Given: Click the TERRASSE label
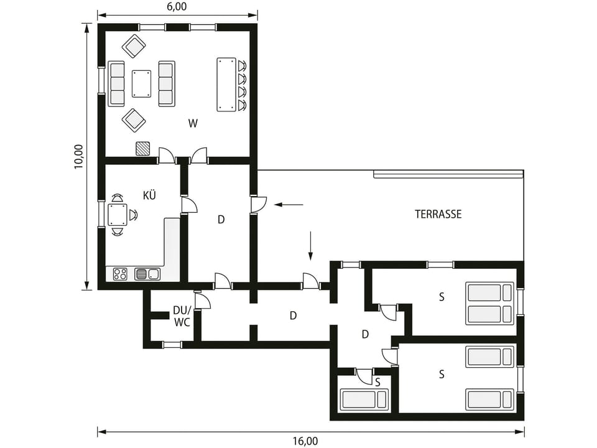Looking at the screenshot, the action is click(438, 214).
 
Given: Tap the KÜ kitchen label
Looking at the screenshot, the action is click(150, 195).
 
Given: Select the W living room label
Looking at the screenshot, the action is click(193, 123).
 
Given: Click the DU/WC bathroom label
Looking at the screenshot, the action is click(182, 316).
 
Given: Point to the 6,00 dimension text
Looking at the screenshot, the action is click(177, 7).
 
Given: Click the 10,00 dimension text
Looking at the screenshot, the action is click(78, 157).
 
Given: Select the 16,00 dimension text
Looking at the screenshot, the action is click(305, 441).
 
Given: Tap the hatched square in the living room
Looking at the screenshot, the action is click(143, 148).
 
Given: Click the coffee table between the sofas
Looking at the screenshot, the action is click(141, 83).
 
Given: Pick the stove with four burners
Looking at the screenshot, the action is click(120, 274).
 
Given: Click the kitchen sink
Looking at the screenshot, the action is click(147, 274).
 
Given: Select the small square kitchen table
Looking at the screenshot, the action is click(118, 215).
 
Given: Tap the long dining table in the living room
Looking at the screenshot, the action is click(226, 85).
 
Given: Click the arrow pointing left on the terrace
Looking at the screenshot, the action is click(289, 205).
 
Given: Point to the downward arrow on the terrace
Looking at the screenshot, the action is click(311, 246).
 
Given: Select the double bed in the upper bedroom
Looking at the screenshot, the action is click(489, 303).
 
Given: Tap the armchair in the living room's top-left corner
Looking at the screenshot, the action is click(134, 47).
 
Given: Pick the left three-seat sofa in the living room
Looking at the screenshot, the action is click(116, 84).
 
